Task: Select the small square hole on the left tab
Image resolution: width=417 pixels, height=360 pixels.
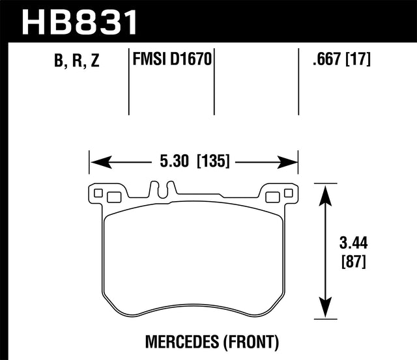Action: tap(98, 193)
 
